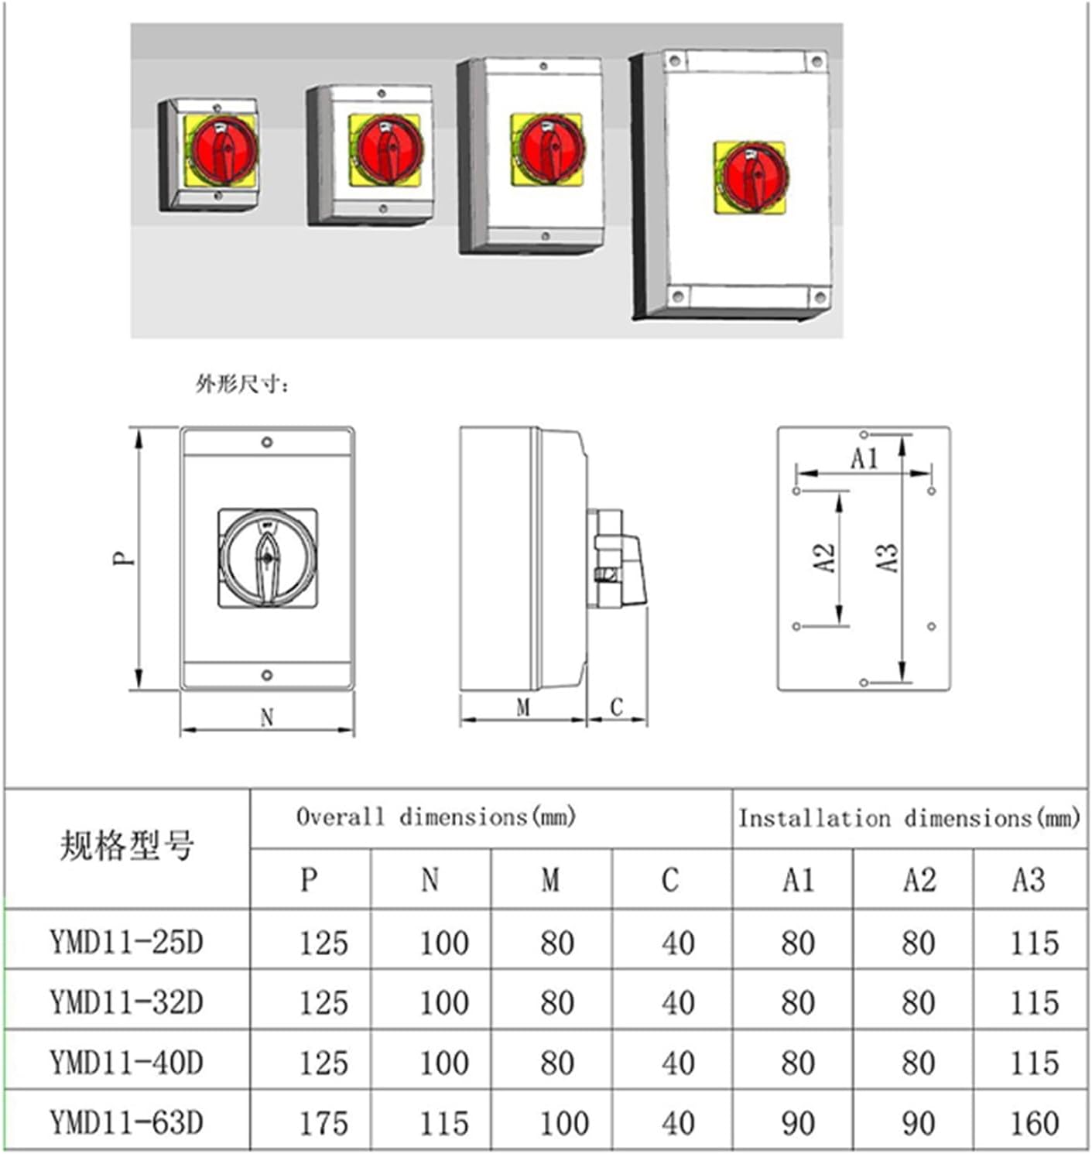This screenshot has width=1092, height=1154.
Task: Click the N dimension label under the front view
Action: coord(267,718)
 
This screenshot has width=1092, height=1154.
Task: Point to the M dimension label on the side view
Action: coord(523,707)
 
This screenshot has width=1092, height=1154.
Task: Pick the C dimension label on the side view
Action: coord(616,707)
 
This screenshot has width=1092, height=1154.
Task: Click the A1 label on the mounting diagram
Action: coord(864,459)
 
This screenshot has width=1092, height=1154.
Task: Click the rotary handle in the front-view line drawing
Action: coord(267,558)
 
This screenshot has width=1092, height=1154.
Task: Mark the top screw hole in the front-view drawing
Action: coord(267,442)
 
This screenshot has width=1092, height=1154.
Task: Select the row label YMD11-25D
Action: coord(126,943)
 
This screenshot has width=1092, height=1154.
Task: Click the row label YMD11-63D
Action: coord(126,1122)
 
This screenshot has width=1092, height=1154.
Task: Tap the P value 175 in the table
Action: coord(323,1123)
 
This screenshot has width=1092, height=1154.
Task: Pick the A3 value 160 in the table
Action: coord(1034,1123)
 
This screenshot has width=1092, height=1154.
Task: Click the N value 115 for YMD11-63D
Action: coord(444,1123)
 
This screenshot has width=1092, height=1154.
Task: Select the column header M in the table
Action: coord(550,880)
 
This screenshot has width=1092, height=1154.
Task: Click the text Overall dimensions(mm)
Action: coord(436,817)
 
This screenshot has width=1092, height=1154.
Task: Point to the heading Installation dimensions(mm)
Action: coord(909,818)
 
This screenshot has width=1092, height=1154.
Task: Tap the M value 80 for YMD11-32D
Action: coord(557,1003)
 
